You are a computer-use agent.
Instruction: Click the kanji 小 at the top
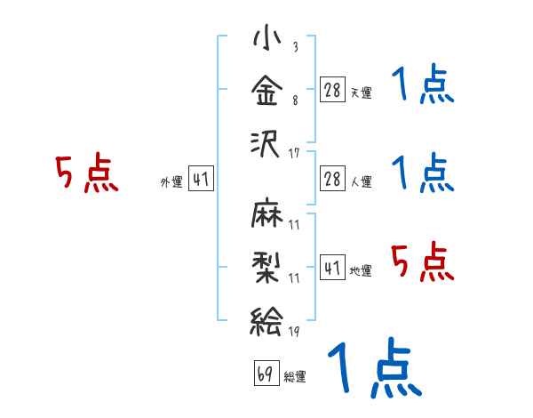click(267, 36)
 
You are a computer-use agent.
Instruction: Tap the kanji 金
click(266, 90)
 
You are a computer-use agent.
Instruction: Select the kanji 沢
click(265, 144)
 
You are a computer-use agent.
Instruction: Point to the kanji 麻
click(266, 212)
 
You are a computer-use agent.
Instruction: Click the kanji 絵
click(266, 321)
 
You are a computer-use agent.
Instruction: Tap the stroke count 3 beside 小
click(296, 46)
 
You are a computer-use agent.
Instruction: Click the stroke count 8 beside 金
click(296, 100)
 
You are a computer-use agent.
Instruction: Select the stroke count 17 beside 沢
click(294, 153)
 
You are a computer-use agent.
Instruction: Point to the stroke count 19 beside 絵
click(294, 332)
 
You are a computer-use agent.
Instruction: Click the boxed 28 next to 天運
click(332, 89)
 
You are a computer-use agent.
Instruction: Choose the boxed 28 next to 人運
click(332, 179)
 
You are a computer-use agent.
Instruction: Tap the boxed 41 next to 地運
click(332, 268)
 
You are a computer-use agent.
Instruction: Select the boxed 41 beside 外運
click(201, 179)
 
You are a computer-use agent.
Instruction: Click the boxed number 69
click(266, 373)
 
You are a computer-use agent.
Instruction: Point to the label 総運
click(295, 376)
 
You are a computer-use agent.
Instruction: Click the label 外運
click(171, 182)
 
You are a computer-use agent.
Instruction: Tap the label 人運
click(362, 182)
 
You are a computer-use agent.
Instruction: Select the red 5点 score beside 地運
click(423, 261)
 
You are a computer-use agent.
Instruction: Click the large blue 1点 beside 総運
click(375, 367)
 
